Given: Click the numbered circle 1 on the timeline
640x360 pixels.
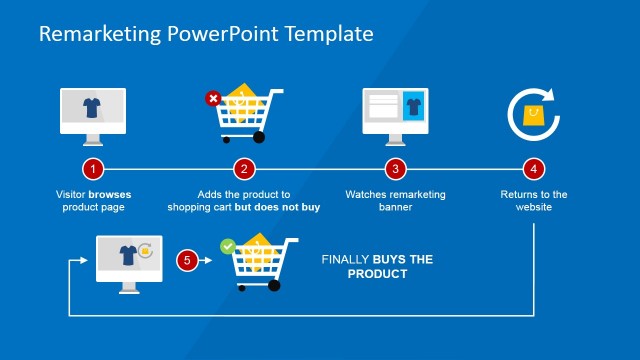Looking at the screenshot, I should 93,169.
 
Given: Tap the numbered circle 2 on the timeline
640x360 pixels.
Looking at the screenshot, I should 244,169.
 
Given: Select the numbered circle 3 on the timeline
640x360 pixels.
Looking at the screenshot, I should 396,169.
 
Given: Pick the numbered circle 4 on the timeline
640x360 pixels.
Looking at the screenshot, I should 535,169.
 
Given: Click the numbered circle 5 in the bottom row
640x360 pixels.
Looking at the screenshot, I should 186,261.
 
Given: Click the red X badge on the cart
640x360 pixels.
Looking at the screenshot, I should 212,98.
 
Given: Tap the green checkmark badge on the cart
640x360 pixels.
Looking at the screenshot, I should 227,244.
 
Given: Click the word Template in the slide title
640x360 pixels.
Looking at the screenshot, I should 329,34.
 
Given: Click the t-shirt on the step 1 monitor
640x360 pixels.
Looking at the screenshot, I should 93,108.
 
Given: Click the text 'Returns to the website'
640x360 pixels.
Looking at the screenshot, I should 534,201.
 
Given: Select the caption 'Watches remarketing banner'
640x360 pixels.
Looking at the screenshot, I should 396,201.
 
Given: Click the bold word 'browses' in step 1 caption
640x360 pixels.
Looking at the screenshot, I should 109,194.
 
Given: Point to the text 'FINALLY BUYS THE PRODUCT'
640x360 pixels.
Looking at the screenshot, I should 377,266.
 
